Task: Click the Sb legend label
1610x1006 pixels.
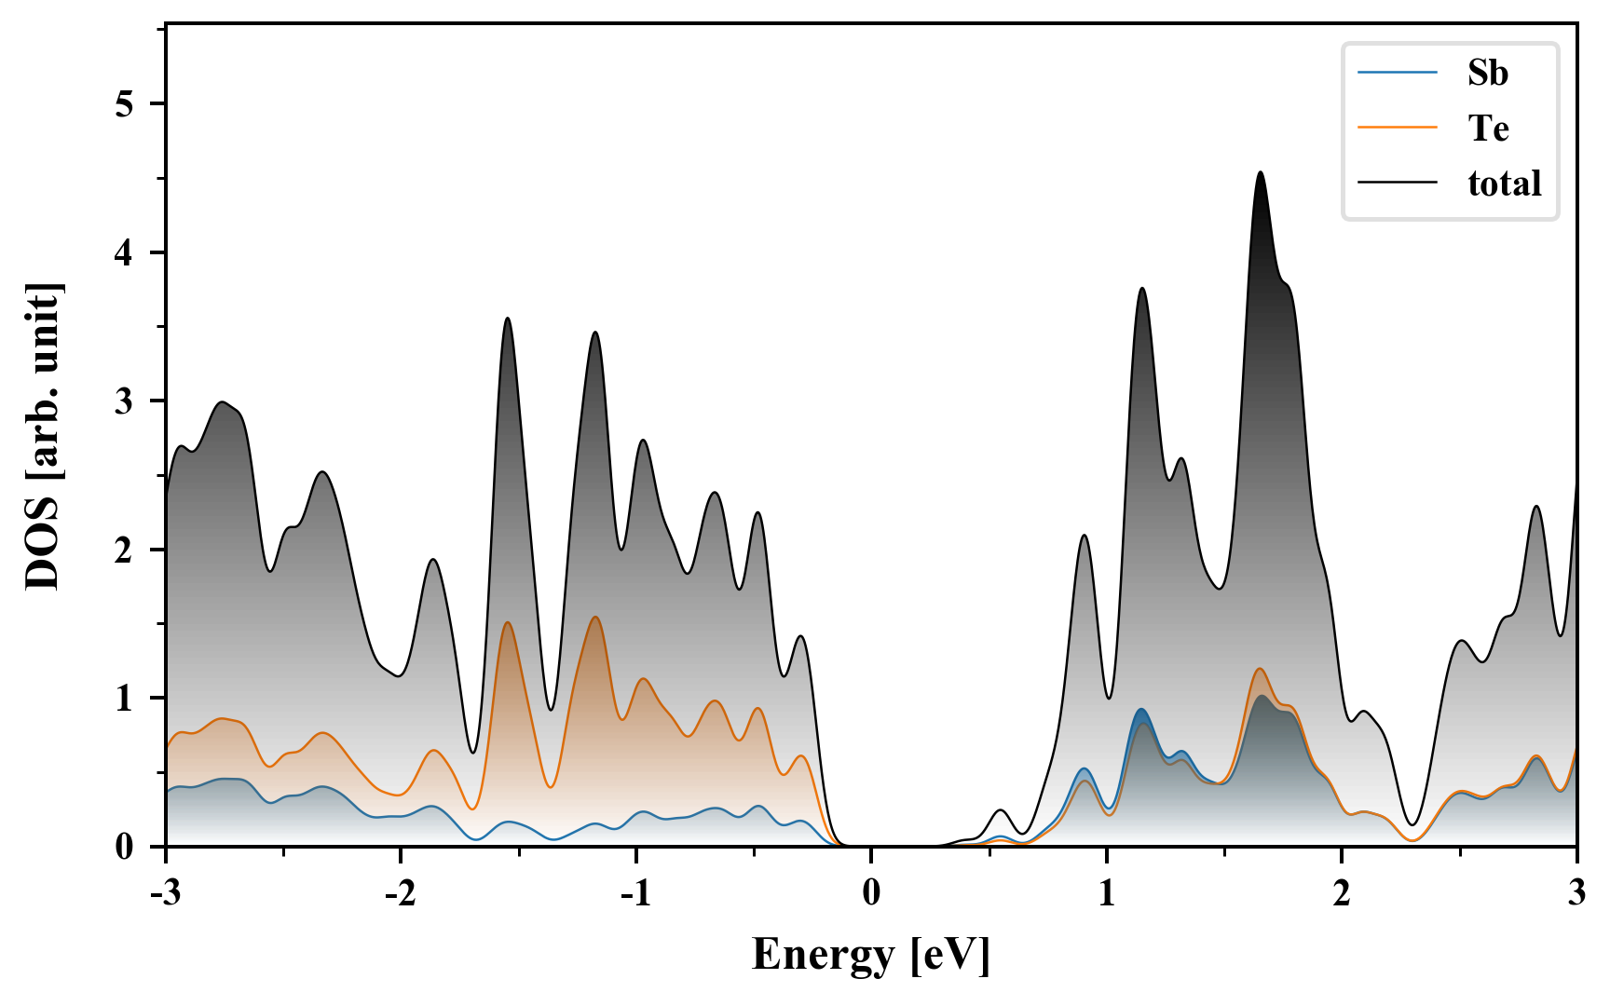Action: [x=1487, y=73]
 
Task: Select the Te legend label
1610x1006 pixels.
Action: [x=1488, y=128]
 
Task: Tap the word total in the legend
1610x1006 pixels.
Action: [x=1504, y=184]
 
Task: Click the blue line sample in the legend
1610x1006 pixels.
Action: [x=1398, y=73]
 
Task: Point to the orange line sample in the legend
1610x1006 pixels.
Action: [x=1398, y=128]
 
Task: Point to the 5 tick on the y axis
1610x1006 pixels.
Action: [x=126, y=103]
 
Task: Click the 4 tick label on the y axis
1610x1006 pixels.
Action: [x=126, y=252]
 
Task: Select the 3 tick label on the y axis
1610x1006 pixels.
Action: [x=126, y=401]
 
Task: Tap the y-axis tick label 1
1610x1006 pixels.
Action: [x=126, y=698]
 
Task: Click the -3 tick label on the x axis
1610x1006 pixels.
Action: [x=165, y=894]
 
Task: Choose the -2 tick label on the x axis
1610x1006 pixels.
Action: [x=401, y=894]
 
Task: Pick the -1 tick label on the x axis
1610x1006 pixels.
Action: [x=635, y=894]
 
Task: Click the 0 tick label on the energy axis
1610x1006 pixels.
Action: [x=871, y=894]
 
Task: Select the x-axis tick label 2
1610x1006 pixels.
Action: [x=1342, y=894]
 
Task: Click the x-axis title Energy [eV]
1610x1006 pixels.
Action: [x=871, y=955]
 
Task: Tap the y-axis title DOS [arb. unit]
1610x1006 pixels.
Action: [x=43, y=437]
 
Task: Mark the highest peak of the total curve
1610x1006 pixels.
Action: [x=1261, y=172]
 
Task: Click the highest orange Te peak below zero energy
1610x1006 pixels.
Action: [x=594, y=617]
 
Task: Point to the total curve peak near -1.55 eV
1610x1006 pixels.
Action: [x=507, y=319]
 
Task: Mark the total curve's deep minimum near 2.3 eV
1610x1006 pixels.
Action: [x=1412, y=824]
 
